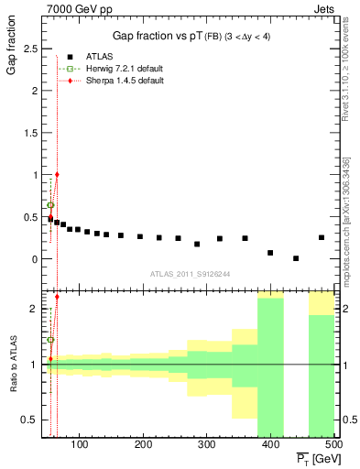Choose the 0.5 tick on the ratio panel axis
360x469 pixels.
pyautogui.click(x=33, y=420)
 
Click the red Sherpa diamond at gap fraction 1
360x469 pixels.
pyautogui.click(x=57, y=174)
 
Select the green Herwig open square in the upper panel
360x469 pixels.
pyautogui.click(x=50, y=205)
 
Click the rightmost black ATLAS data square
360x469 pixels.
pyautogui.click(x=322, y=237)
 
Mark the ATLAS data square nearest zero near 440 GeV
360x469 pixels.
pyautogui.click(x=296, y=258)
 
